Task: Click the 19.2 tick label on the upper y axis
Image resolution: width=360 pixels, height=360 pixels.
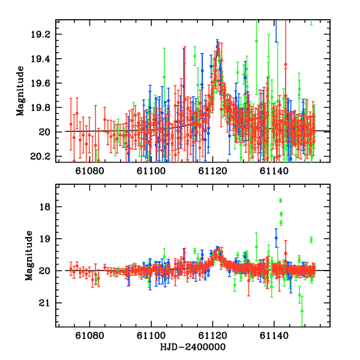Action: click(x=44, y=34)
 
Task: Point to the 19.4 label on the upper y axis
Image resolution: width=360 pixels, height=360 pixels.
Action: click(x=44, y=59)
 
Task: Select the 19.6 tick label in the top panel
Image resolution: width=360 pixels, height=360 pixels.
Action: click(x=44, y=83)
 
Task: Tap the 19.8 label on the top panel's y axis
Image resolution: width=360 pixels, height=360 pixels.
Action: click(x=44, y=107)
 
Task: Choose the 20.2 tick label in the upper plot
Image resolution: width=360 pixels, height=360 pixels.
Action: click(x=44, y=157)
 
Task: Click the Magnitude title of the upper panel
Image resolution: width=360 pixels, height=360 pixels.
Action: click(x=20, y=91)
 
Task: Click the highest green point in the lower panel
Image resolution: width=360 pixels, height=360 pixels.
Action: click(x=280, y=200)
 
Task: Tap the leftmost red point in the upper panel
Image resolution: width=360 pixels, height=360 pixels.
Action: click(x=71, y=124)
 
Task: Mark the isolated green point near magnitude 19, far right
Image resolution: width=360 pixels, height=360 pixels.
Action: click(x=311, y=240)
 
